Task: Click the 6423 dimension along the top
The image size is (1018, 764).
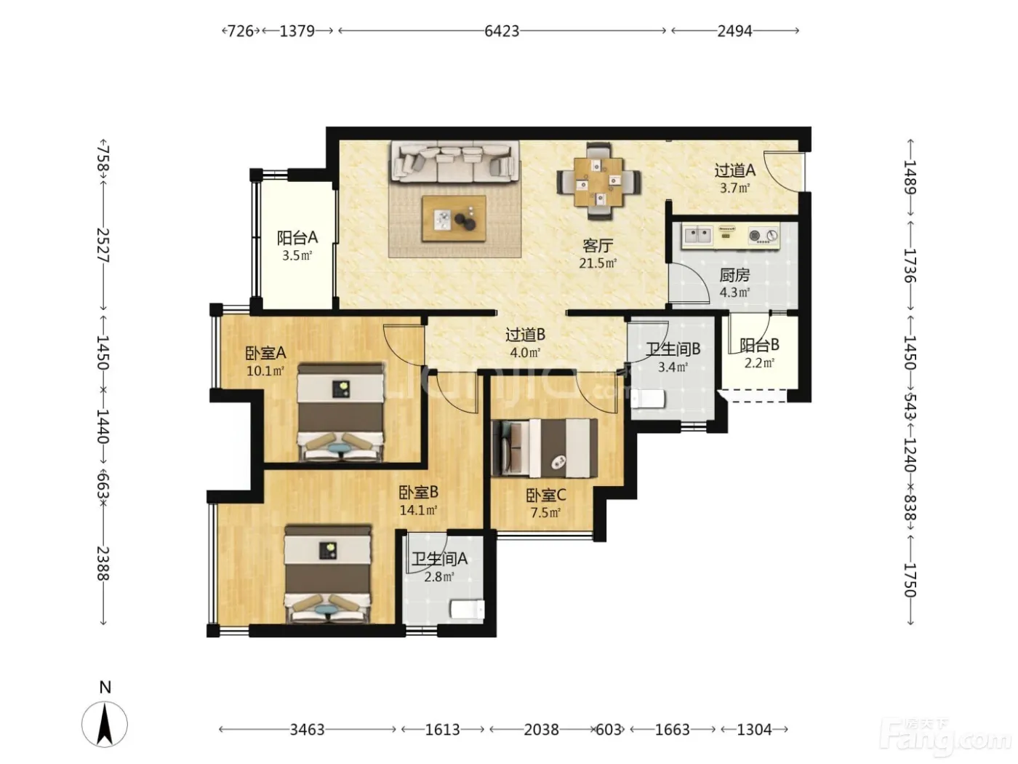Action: [x=501, y=31]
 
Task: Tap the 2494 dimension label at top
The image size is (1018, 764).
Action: [x=734, y=31]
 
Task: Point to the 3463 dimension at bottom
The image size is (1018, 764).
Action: [x=307, y=730]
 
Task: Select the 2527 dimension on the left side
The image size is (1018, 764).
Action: [x=103, y=245]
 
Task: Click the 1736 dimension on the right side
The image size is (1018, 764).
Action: [x=910, y=266]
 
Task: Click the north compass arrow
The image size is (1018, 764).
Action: [x=105, y=724]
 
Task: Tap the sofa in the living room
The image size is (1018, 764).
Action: [x=454, y=162]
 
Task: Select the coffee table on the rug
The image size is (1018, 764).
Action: [x=454, y=218]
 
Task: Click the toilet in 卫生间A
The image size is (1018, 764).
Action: [x=468, y=609]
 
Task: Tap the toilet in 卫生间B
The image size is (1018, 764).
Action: [x=648, y=399]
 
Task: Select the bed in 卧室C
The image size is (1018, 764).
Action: [x=545, y=447]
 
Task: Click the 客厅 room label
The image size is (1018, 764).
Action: [x=598, y=245]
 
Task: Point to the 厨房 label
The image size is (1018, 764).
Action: [x=734, y=275]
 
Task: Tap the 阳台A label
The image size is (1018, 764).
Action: [x=297, y=237]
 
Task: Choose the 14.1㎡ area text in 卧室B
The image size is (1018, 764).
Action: [x=419, y=510]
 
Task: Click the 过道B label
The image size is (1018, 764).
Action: [x=526, y=335]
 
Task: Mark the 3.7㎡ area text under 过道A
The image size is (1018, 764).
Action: [x=735, y=188]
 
